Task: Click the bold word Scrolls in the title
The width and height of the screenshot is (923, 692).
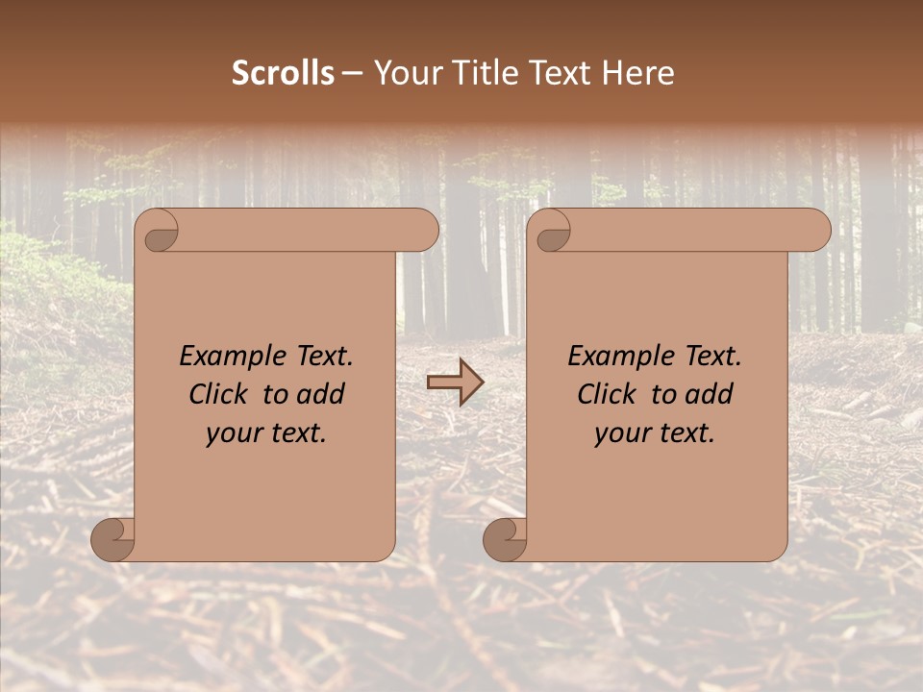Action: point(283,73)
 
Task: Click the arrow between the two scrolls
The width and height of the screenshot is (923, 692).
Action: point(455,383)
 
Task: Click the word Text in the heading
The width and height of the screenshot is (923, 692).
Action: point(561,73)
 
